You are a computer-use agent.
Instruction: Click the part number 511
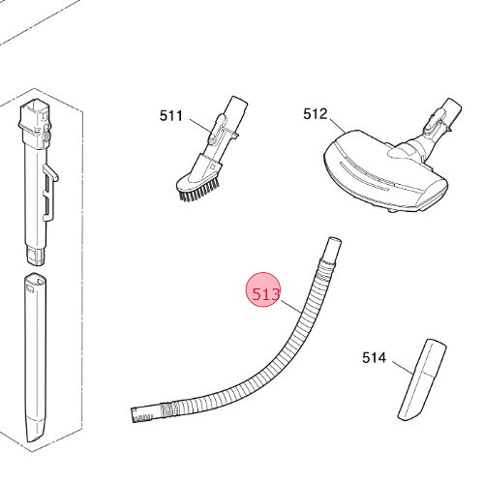tap(171, 116)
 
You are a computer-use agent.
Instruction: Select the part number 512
tap(315, 114)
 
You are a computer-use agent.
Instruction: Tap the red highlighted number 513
tap(264, 294)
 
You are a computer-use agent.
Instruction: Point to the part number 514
tap(374, 358)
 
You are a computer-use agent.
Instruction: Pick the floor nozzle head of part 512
tap(384, 171)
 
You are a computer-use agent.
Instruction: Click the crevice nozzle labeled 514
tap(422, 379)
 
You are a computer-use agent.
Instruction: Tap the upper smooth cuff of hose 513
tap(332, 249)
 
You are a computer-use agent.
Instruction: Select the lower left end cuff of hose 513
tap(142, 414)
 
